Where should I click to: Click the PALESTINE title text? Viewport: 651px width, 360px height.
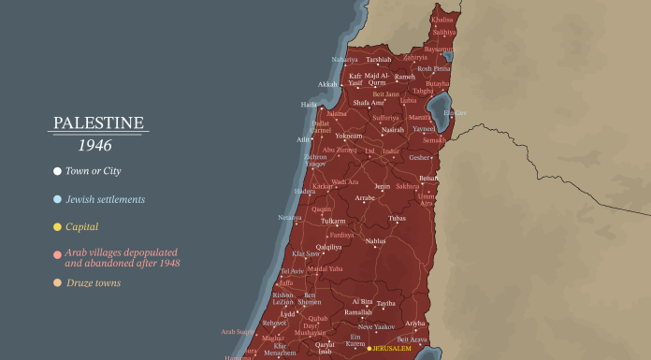pos(97,122)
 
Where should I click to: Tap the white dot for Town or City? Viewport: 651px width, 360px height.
pos(57,171)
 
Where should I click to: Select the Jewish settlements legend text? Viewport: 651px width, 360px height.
pos(105,199)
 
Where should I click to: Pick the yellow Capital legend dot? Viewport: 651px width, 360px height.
pos(57,226)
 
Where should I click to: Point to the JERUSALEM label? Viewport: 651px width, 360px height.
pos(393,349)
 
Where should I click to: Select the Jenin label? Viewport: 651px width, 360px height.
pos(382,187)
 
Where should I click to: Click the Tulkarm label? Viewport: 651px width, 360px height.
pos(333,221)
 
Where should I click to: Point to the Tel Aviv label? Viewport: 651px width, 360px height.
pos(292,271)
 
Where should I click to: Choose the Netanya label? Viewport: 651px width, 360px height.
pos(290,218)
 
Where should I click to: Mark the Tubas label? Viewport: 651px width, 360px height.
pos(397,218)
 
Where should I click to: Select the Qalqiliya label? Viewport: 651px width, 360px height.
pos(328,247)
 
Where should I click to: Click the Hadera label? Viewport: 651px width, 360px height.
pos(306,191)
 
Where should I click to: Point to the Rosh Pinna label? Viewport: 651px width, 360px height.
pos(435,68)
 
